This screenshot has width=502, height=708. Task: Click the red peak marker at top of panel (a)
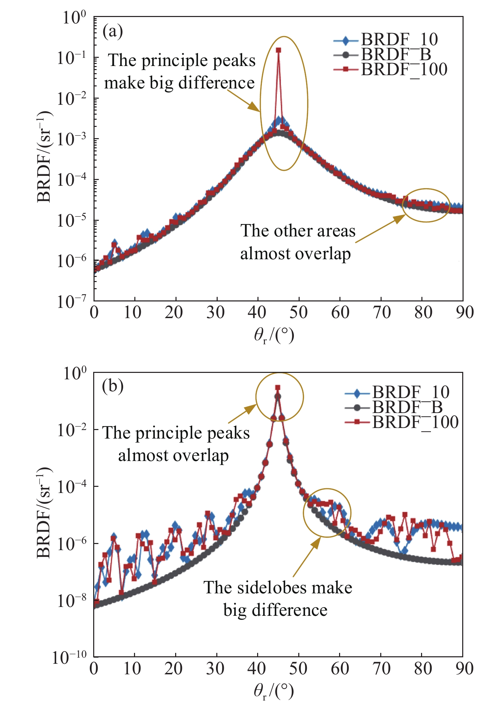click(278, 50)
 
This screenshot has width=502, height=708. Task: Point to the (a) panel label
click(113, 31)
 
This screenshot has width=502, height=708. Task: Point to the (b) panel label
click(113, 386)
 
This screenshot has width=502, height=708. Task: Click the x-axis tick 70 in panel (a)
click(382, 312)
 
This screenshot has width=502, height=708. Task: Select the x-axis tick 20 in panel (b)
click(173, 668)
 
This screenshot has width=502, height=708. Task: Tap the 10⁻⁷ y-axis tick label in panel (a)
click(72, 301)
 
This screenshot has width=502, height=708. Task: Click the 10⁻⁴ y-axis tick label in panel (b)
click(72, 487)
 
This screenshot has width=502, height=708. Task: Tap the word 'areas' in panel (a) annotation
click(336, 231)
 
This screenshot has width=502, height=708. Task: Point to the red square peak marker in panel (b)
click(278, 388)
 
